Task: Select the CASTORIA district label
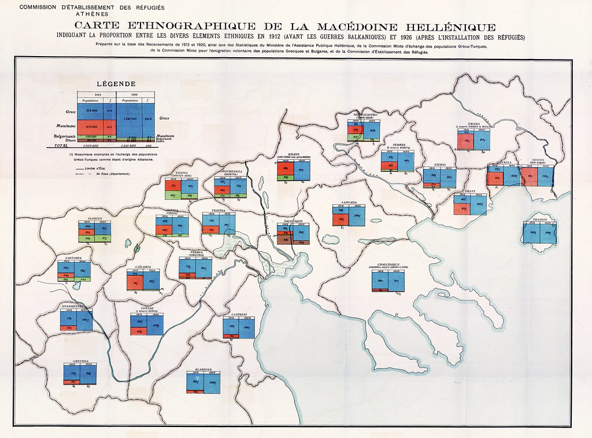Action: [x=77, y=257]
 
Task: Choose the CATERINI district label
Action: [x=239, y=314]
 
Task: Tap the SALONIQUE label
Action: [x=293, y=220]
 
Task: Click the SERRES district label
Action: [x=398, y=145]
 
